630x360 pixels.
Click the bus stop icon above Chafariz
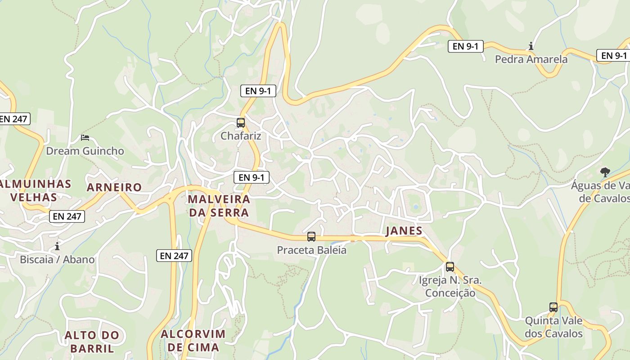(x=241, y=122)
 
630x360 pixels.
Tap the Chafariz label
(x=241, y=135)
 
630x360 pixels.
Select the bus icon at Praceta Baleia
(x=311, y=237)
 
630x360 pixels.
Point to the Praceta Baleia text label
(x=311, y=250)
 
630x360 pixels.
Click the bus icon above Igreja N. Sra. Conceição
(x=450, y=267)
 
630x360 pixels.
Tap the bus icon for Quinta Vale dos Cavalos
(x=553, y=307)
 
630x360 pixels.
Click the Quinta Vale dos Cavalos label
(x=553, y=327)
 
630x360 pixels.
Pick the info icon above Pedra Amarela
(x=531, y=46)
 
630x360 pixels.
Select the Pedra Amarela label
(x=531, y=59)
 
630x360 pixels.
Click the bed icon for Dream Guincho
(x=85, y=137)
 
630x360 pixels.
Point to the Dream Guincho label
(x=85, y=151)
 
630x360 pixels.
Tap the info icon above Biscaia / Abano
(x=57, y=246)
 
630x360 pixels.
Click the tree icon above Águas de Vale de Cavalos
(x=605, y=172)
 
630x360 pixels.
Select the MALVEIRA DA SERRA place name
(x=219, y=206)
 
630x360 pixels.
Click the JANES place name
(x=404, y=231)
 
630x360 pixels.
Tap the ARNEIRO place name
(x=114, y=187)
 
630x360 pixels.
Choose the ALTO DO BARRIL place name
(x=92, y=342)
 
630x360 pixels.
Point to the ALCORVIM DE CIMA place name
(x=193, y=341)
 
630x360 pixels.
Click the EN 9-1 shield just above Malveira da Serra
(x=252, y=177)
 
